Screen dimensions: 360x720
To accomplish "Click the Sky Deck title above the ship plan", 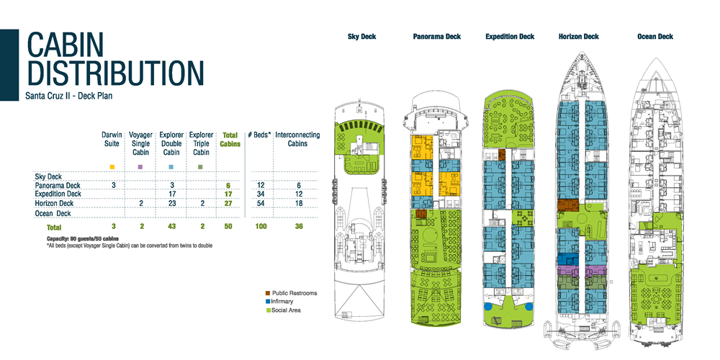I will (x=361, y=37).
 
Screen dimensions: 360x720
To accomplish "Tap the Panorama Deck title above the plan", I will (x=437, y=37).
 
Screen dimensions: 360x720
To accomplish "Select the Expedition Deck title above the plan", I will (x=510, y=37).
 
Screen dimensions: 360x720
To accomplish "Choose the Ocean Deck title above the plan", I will (x=655, y=37).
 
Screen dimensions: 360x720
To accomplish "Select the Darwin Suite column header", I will (x=112, y=139).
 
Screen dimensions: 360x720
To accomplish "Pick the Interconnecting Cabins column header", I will (x=292, y=139).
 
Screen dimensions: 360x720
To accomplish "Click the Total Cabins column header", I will (x=230, y=139).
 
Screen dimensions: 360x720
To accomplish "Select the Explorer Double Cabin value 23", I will (x=171, y=204).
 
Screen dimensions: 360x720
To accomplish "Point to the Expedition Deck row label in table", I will (x=58, y=194).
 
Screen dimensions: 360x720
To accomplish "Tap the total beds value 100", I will (x=261, y=227).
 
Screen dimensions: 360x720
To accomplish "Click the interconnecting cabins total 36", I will (x=292, y=227).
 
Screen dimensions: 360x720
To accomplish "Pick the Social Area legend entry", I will (x=289, y=310).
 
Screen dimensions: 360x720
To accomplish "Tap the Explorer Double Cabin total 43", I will (x=171, y=227).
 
